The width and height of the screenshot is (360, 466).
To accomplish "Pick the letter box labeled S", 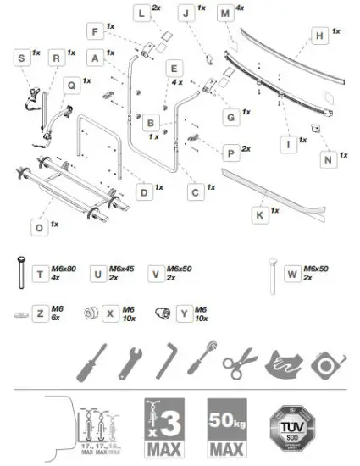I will click(x=20, y=58).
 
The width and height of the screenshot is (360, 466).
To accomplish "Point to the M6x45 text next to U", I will click(x=124, y=269).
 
